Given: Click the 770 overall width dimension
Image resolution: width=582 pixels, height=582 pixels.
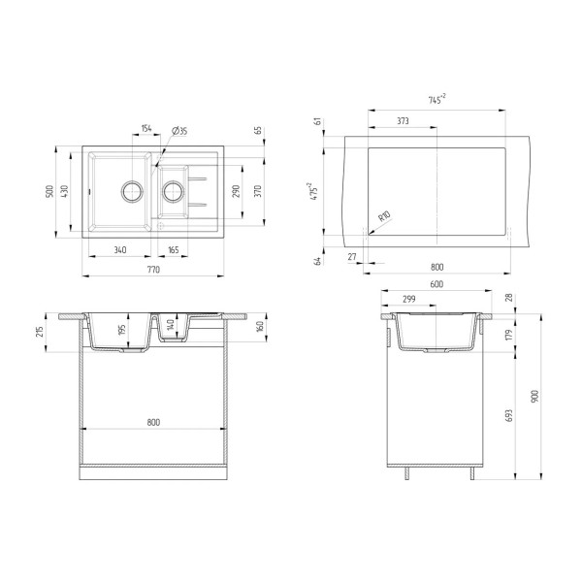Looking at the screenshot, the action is pos(153,270).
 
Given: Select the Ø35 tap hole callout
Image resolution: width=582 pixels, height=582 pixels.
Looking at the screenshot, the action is pos(179,131).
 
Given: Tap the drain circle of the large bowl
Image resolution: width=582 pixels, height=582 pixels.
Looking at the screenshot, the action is pos(132,191).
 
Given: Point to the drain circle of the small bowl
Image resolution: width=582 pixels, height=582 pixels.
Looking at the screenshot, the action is pos(173,191).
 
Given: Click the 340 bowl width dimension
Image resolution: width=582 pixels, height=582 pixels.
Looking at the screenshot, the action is pos(120,250).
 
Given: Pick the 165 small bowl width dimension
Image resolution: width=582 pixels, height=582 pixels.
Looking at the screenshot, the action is pos(174,250).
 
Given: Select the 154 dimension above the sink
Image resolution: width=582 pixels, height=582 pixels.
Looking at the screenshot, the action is pos(146,128).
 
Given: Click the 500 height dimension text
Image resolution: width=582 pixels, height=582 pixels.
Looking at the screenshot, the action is pos(49,191).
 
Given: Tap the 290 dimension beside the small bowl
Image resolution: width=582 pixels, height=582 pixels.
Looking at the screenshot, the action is pos(236,191).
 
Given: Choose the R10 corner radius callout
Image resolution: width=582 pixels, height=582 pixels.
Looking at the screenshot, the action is pos(384,216).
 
